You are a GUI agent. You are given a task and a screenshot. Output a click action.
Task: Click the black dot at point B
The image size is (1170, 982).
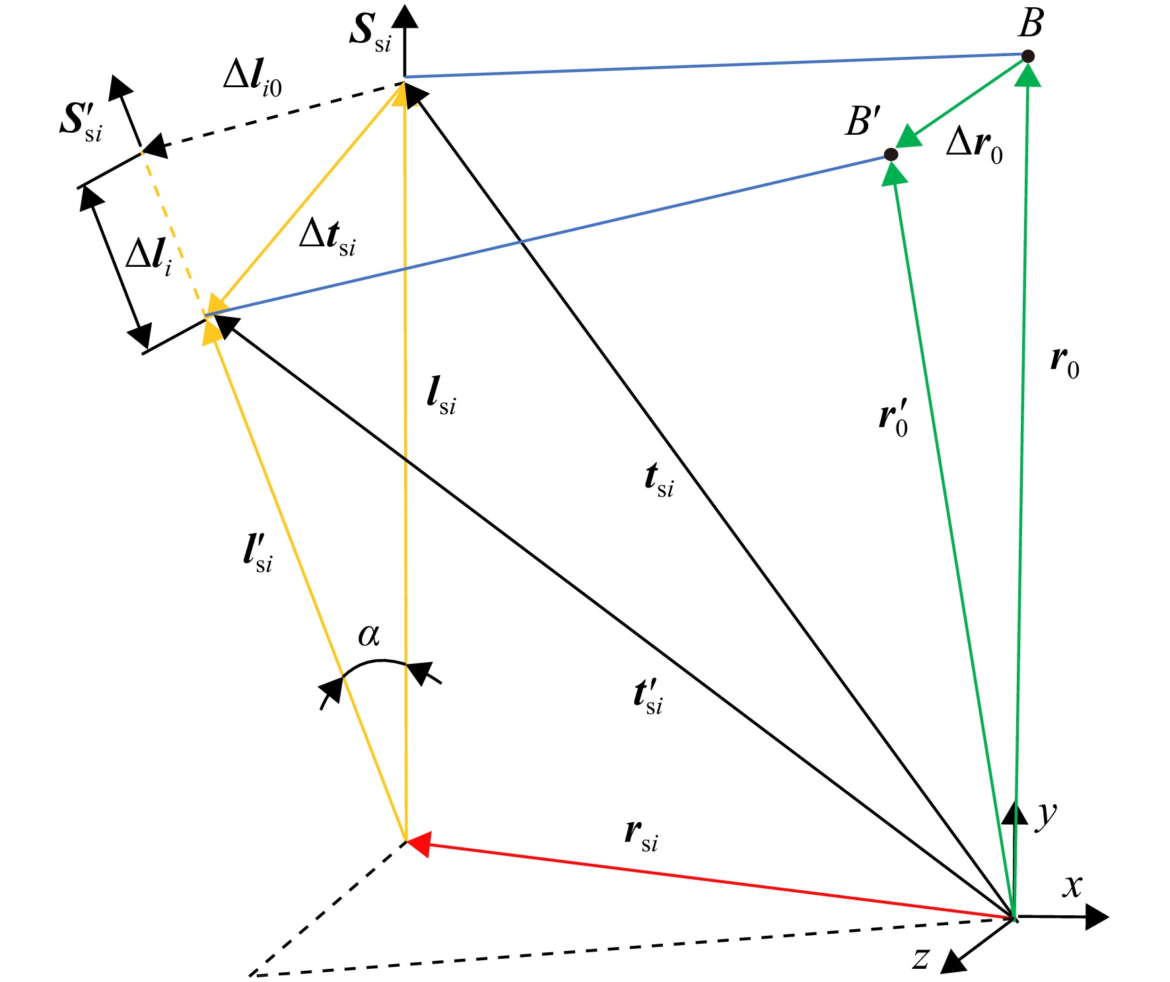(x=1028, y=57)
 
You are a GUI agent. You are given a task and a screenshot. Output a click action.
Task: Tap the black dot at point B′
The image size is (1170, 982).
(x=891, y=155)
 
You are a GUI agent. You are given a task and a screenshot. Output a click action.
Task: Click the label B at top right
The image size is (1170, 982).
(x=1031, y=23)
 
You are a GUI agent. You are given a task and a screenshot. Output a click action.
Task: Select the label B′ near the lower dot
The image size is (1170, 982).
(x=863, y=121)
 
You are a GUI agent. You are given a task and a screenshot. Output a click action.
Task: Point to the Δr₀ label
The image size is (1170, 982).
(x=975, y=145)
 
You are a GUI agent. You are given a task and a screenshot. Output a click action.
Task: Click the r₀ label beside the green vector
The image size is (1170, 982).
(x=1065, y=364)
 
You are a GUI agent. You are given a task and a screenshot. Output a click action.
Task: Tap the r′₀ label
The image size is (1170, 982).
(x=893, y=417)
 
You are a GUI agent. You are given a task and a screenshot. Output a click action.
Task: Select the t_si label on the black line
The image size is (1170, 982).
(x=659, y=480)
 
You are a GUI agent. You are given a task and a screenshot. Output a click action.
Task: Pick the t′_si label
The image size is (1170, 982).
(x=648, y=696)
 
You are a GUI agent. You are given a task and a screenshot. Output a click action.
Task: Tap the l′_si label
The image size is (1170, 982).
(x=258, y=552)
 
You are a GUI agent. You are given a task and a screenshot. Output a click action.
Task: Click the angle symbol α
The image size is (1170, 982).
(x=369, y=635)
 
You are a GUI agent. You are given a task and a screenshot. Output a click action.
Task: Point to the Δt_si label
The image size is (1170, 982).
(x=327, y=236)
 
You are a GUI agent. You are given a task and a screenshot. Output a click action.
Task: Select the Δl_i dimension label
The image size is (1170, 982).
(x=149, y=257)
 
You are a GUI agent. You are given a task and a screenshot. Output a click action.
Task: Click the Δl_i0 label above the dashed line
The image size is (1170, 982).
(x=252, y=79)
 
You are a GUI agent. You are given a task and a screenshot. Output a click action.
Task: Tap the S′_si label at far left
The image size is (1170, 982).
(x=81, y=122)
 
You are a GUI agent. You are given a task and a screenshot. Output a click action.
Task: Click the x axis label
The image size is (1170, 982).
(x=1072, y=886)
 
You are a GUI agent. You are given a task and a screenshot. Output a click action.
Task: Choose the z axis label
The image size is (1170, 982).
(x=922, y=957)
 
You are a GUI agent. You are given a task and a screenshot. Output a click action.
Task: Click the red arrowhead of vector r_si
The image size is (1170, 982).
(x=419, y=844)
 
